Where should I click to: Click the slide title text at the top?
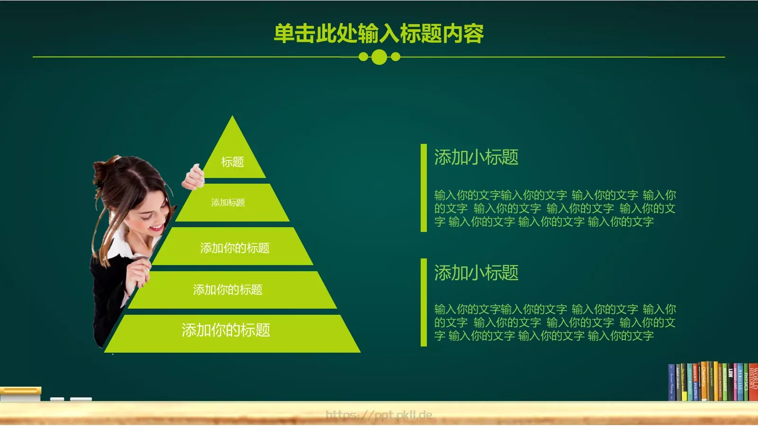point(379,34)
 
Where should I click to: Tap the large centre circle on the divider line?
point(379,57)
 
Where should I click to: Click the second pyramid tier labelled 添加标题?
point(232,203)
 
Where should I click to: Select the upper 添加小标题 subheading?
point(476,157)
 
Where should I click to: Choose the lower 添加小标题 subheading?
point(476,273)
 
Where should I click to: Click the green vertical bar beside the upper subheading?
point(424,188)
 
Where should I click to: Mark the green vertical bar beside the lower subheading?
point(424,302)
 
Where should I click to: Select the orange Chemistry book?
point(704,382)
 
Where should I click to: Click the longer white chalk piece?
point(81,399)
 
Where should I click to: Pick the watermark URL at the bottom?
point(379,416)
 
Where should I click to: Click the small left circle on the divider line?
point(363,57)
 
